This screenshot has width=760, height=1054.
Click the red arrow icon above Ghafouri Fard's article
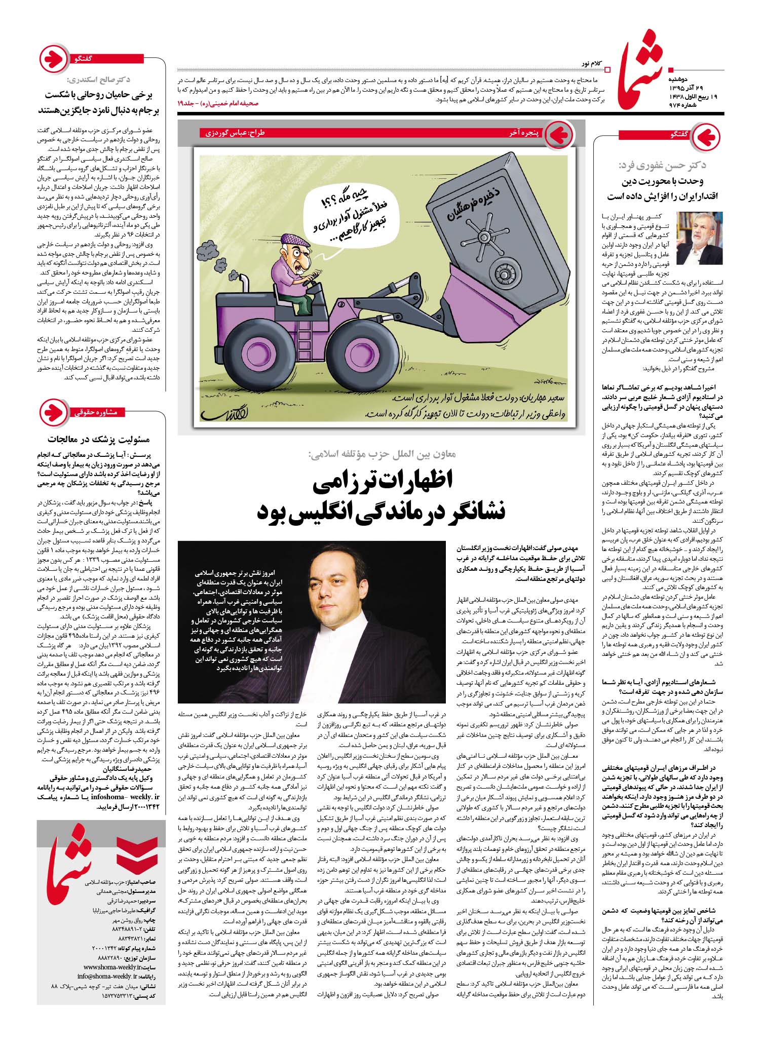click(x=705, y=136)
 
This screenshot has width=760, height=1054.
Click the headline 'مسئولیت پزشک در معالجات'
click(x=98, y=439)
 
